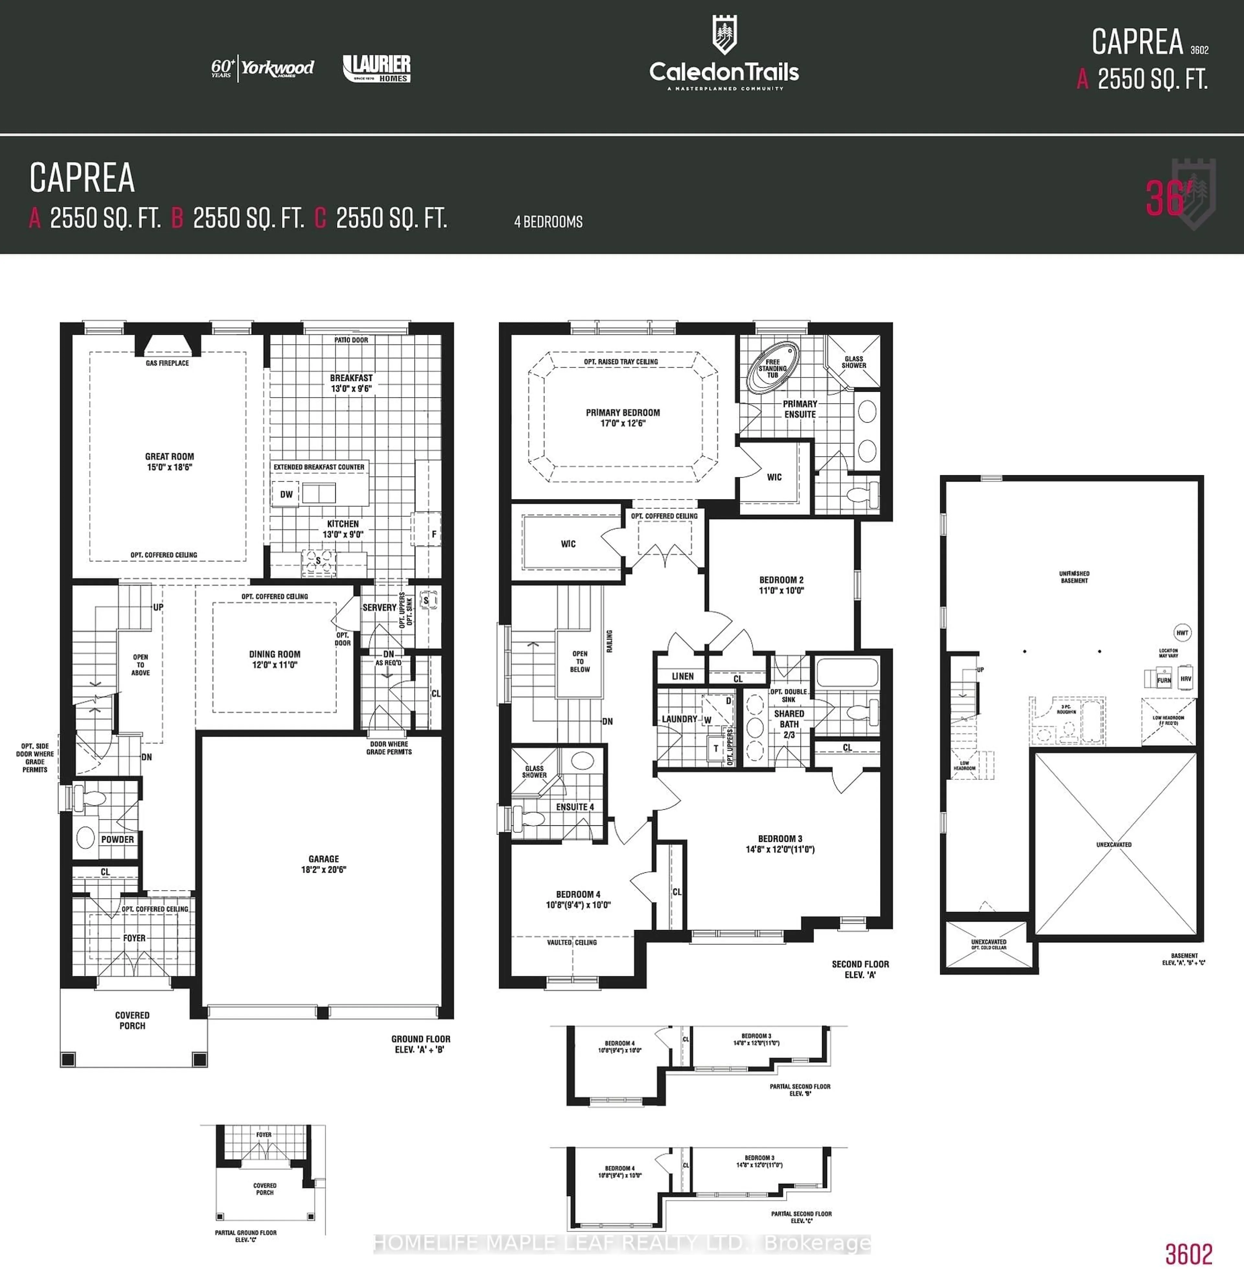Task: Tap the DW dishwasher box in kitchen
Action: [x=286, y=494]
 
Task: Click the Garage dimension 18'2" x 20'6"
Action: [x=324, y=869]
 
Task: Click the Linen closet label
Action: [x=683, y=676]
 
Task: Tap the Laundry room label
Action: [x=679, y=719]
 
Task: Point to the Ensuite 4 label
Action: [x=575, y=807]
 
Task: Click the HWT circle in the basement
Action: [x=1182, y=633]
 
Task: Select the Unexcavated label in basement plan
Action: [x=1114, y=845]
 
